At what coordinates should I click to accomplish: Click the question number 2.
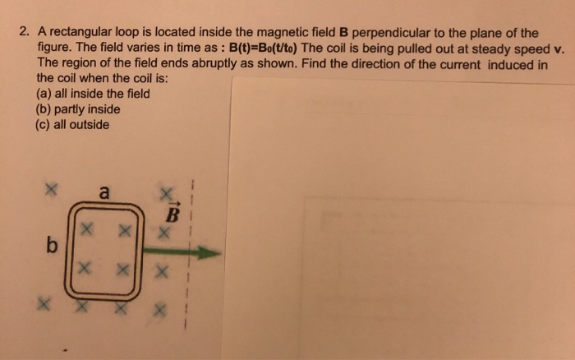[25, 34]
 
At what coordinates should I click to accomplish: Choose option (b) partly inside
[79, 109]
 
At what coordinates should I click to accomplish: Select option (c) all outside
[72, 125]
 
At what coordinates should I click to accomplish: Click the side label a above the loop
[103, 194]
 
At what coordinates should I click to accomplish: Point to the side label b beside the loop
[52, 246]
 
